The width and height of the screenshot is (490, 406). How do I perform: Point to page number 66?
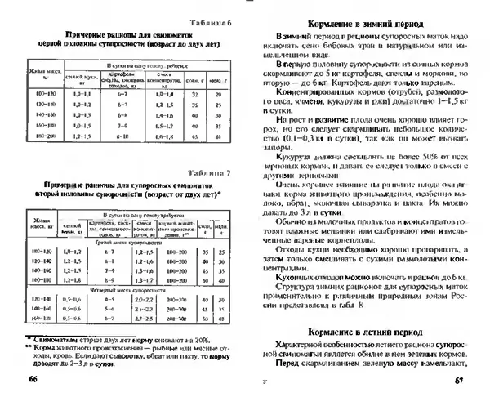(33, 380)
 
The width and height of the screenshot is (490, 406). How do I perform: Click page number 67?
(458, 380)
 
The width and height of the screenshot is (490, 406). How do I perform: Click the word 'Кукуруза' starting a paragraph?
(295, 154)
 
